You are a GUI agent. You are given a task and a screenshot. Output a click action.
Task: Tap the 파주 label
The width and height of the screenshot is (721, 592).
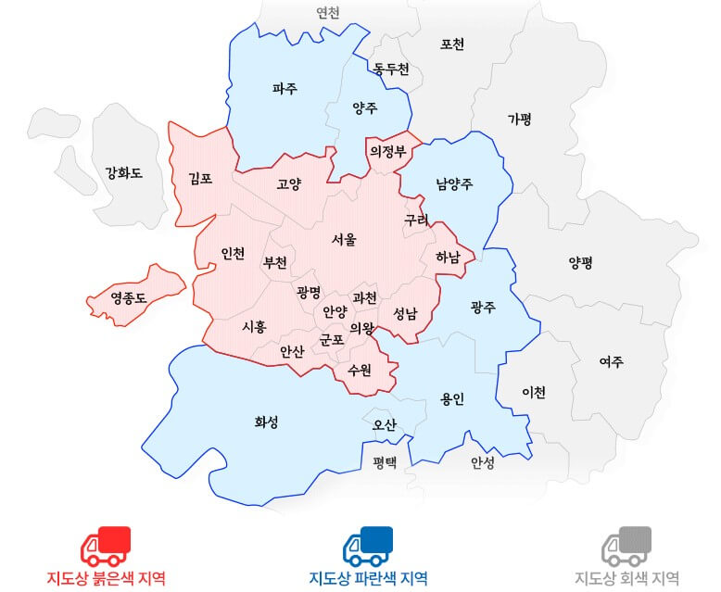(x=285, y=89)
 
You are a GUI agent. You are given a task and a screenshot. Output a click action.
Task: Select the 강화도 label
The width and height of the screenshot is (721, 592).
(x=123, y=171)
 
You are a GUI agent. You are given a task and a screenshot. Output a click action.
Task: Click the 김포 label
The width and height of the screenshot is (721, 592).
(x=200, y=178)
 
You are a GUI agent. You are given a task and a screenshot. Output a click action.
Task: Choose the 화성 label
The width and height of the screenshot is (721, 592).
(x=266, y=422)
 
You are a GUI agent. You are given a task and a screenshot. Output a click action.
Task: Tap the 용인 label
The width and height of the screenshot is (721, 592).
(x=452, y=399)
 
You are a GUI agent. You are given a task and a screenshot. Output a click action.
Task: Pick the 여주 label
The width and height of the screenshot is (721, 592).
(x=611, y=361)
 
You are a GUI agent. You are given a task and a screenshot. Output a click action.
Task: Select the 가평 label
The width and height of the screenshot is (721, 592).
(x=520, y=119)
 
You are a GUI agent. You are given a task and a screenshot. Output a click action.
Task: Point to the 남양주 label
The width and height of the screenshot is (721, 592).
(x=454, y=183)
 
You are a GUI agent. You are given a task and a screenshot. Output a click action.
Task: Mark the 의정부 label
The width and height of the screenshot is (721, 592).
(x=387, y=151)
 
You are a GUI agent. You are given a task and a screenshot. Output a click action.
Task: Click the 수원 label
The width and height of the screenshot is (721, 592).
(x=360, y=370)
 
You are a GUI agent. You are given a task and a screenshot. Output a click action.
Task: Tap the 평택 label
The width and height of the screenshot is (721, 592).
(x=385, y=460)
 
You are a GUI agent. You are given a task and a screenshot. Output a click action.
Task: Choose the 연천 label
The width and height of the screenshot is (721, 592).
(x=328, y=13)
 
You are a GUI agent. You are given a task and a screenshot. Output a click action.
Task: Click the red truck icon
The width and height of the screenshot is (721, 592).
(x=106, y=546)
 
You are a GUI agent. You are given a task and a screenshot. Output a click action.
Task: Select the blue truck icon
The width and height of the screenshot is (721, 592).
(x=368, y=546)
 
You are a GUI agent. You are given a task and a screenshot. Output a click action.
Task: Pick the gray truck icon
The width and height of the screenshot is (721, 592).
(x=626, y=546)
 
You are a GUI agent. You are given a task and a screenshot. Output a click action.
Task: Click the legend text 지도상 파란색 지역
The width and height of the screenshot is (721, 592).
(x=368, y=578)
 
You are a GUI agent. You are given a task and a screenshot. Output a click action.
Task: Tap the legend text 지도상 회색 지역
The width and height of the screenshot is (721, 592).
(x=626, y=578)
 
